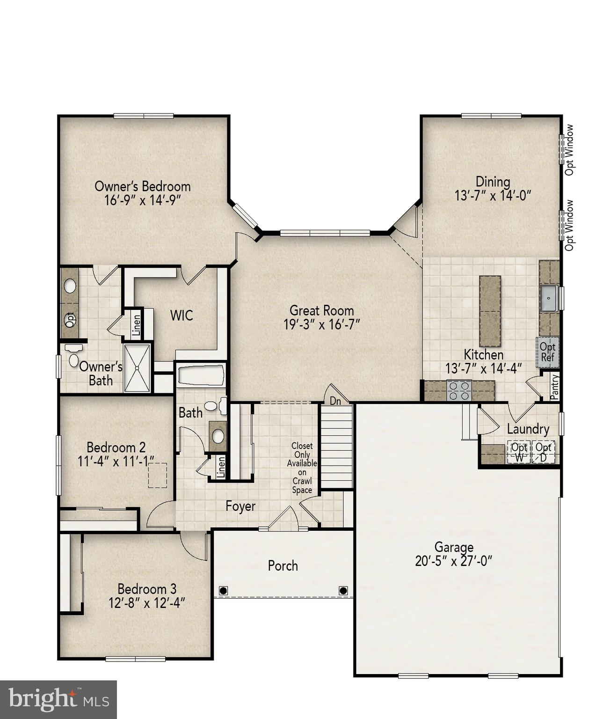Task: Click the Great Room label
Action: pos(321,310)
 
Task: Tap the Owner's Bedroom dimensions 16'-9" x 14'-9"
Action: pos(142,200)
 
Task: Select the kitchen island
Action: pos(490,311)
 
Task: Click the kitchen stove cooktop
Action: pos(458,391)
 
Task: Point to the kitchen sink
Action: pos(549,298)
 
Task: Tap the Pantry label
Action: pos(554,387)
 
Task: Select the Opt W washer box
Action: pos(519,452)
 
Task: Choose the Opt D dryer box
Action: pos(543,452)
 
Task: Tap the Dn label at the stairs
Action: pos(335,401)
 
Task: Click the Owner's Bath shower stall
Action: pos(137,368)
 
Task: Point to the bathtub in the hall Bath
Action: pos(201,375)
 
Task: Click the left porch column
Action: pos(223,590)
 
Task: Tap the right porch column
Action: pos(343,590)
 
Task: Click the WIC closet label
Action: pos(182,315)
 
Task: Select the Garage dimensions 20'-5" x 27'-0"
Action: pos(454,561)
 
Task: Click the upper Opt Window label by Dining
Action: pos(569,150)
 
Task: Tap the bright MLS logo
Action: pos(58,699)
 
